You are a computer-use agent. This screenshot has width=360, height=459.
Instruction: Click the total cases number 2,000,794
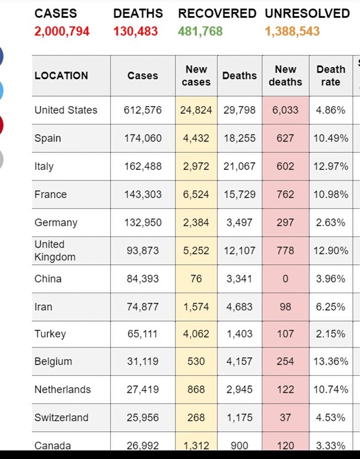pos(62,31)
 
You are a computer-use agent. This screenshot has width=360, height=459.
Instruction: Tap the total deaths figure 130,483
pos(136,31)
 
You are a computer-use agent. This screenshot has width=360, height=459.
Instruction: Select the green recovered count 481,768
pos(201,31)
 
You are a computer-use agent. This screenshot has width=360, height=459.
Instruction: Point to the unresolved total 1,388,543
pos(292,31)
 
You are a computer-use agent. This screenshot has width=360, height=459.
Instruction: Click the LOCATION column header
pos(61,76)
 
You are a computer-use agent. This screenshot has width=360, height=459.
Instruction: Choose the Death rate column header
pos(330,76)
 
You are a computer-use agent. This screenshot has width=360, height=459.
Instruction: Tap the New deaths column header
pos(285,76)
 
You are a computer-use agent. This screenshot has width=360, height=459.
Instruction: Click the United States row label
pos(66,110)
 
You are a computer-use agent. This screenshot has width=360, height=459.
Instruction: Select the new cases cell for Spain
pos(196,138)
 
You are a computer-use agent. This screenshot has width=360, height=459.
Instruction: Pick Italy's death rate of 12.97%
pos(330,166)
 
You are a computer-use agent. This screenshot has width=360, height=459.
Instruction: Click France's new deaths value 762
pos(285,194)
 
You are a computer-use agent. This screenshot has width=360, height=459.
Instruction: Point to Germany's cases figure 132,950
pos(142,222)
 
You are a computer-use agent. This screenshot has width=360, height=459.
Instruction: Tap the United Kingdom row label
pos(55,251)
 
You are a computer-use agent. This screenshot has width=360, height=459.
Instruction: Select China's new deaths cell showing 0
pos(285,278)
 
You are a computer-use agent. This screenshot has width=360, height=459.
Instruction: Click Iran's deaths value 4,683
pos(239,307)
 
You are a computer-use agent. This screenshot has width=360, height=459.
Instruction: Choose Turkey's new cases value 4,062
pos(196,334)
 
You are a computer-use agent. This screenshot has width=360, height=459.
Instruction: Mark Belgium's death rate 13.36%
pos(330,362)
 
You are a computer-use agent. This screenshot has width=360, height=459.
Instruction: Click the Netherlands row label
pos(63,389)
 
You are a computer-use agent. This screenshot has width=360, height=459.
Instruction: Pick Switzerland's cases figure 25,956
pos(142,418)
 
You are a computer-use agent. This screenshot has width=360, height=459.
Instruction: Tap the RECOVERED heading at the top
pos(217,14)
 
